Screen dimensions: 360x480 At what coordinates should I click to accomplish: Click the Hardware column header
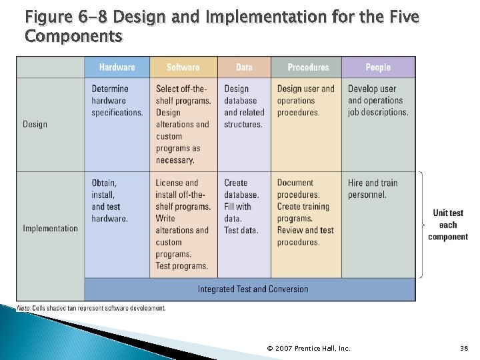pyautogui.click(x=117, y=67)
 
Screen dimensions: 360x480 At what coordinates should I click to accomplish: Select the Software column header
pyautogui.click(x=183, y=67)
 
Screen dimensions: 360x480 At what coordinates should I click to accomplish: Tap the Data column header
pyautogui.click(x=244, y=67)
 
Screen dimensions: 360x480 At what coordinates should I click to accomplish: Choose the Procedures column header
pyautogui.click(x=308, y=67)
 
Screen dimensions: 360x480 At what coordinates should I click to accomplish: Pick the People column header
pyautogui.click(x=378, y=67)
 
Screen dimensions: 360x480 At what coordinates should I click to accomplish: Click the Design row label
pyautogui.click(x=35, y=124)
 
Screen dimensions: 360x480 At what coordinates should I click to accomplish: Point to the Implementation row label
pyautogui.click(x=50, y=229)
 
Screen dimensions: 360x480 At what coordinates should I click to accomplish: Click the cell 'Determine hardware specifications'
pyautogui.click(x=117, y=101)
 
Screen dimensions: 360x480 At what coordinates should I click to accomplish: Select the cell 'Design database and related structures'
pyautogui.click(x=244, y=107)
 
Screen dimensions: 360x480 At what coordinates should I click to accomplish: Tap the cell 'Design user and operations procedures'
pyautogui.click(x=305, y=101)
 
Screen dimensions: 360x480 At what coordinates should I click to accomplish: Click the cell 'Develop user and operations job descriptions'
pyautogui.click(x=378, y=101)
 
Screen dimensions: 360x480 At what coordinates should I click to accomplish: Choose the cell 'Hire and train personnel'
pyautogui.click(x=372, y=189)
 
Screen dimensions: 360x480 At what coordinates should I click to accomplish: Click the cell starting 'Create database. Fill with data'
pyautogui.click(x=242, y=207)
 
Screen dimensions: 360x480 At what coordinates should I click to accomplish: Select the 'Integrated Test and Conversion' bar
pyautogui.click(x=253, y=289)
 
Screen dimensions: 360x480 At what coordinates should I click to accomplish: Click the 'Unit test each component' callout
pyautogui.click(x=448, y=225)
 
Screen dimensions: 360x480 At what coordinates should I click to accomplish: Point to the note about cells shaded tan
pyautogui.click(x=91, y=308)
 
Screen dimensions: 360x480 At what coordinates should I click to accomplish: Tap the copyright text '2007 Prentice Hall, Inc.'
pyautogui.click(x=308, y=348)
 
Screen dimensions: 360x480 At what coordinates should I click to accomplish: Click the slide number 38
pyautogui.click(x=464, y=348)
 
